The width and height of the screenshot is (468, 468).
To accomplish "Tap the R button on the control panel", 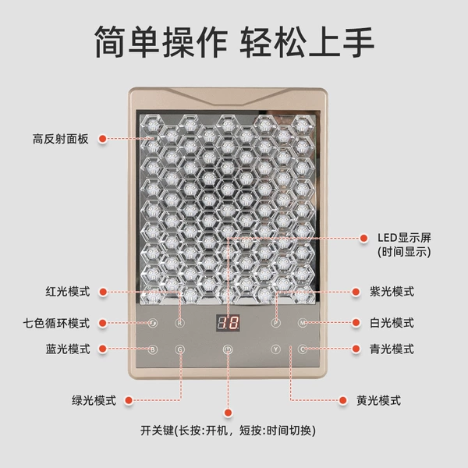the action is (x=179, y=323).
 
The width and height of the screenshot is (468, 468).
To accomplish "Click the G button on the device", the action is (x=180, y=349).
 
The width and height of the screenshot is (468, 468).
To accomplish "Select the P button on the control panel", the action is (x=275, y=323).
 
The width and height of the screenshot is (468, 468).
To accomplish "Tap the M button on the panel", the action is (x=303, y=323).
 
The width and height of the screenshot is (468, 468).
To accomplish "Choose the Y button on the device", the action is (x=275, y=349).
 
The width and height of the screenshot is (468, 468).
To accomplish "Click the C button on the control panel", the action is (x=303, y=349).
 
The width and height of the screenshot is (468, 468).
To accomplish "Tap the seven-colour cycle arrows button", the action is (x=153, y=323).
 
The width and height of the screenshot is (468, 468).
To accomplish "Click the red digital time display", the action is (x=228, y=323).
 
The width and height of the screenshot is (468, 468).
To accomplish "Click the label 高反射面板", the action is (x=61, y=139).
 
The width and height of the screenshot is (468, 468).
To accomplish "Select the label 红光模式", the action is (x=68, y=292).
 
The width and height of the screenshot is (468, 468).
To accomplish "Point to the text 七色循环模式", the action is (x=56, y=323).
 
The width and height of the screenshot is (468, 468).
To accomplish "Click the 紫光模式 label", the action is (x=392, y=292).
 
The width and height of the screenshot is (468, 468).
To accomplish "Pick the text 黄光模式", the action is (x=379, y=401).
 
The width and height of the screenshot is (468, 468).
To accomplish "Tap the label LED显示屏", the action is (x=404, y=238).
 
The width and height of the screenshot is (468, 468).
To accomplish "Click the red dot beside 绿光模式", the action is (x=129, y=401).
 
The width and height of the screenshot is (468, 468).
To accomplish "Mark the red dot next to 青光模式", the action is (x=356, y=349).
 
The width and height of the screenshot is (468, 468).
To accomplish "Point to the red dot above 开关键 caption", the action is (x=228, y=413).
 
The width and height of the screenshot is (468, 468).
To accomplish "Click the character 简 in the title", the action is (x=110, y=41).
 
